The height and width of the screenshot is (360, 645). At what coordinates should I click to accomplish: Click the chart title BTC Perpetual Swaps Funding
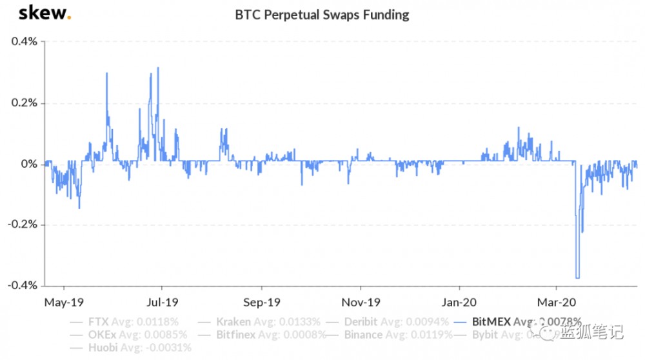point(322,14)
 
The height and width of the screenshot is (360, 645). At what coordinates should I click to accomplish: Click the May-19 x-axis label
point(63,301)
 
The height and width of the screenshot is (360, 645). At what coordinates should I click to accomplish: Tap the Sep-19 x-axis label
point(261,301)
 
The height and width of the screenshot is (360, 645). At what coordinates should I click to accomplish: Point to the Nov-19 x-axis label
point(361,301)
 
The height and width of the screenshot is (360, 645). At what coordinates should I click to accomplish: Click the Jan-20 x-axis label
point(459,301)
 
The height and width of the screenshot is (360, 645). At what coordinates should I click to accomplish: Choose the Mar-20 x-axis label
point(557,301)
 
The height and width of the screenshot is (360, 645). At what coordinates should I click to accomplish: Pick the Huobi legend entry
point(139,348)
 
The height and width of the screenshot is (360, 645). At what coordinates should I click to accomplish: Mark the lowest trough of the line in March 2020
point(577,277)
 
